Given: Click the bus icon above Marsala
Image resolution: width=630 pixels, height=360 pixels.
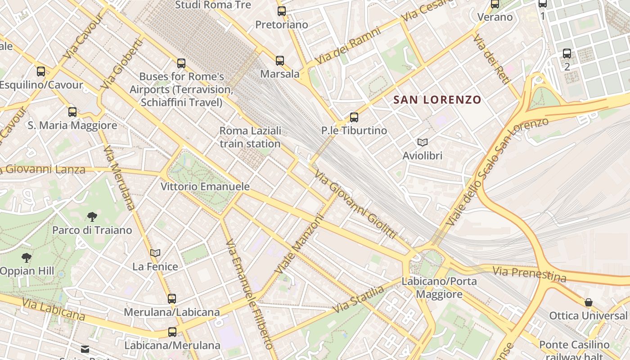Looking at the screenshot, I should [x=280, y=61].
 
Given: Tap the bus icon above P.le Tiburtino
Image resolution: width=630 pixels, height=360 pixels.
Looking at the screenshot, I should [x=354, y=117].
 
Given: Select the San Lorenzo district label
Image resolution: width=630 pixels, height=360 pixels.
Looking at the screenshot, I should [x=437, y=100].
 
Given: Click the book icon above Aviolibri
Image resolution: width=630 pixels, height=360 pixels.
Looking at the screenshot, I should [x=422, y=143].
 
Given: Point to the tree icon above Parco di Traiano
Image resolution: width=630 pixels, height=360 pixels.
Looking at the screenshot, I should [x=92, y=217].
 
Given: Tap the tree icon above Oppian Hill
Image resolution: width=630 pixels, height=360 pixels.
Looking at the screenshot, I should [x=27, y=258].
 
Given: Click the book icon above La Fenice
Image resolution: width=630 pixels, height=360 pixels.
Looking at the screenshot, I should [x=155, y=253].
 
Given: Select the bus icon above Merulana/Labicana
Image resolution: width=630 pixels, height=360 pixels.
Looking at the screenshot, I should [x=171, y=298].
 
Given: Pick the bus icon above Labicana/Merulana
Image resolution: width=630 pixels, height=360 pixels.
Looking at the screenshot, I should [x=172, y=332].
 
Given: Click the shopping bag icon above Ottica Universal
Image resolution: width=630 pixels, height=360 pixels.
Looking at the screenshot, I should [x=588, y=302].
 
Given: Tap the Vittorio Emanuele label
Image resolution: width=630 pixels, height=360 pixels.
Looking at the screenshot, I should [x=205, y=186].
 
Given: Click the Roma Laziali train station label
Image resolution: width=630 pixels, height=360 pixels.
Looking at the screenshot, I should [x=250, y=137].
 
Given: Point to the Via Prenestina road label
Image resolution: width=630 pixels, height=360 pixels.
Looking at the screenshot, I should [x=529, y=274].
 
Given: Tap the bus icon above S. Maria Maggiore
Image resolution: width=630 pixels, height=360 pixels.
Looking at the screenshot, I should [x=72, y=112].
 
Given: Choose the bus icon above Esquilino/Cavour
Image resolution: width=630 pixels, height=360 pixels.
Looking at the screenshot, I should [x=41, y=71].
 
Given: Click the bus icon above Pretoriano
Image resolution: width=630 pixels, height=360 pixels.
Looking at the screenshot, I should [x=282, y=11].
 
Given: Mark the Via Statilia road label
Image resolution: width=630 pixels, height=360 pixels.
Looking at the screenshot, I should [x=359, y=299].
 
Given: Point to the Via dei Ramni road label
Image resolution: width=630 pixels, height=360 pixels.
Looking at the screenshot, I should [x=348, y=45].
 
